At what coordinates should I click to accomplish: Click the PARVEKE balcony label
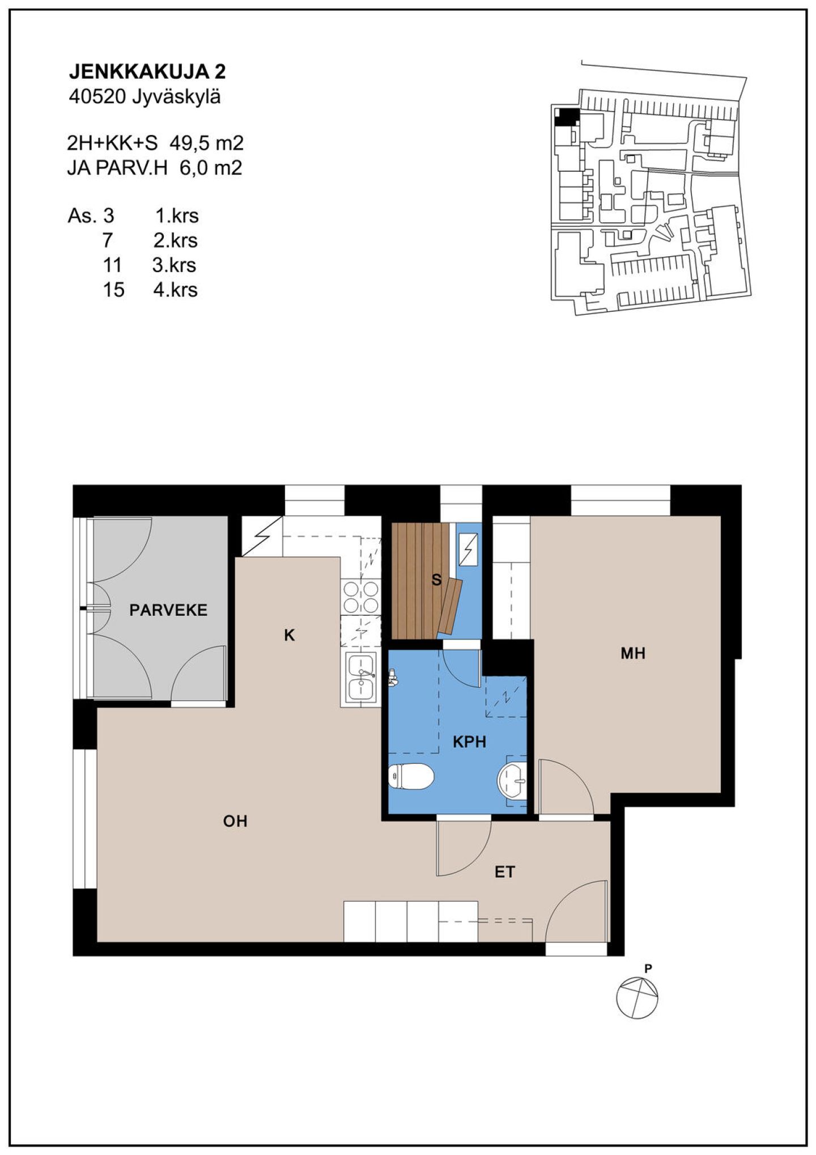(x=168, y=610)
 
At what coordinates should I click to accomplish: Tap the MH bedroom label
(x=633, y=654)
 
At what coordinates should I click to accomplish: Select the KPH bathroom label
(x=469, y=742)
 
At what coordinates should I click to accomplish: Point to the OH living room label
(x=235, y=821)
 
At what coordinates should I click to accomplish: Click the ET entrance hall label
(x=504, y=872)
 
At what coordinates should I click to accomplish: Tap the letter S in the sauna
(x=436, y=580)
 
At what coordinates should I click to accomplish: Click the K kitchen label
(x=290, y=636)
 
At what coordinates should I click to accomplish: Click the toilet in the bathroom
(x=411, y=776)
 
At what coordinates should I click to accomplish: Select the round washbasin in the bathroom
(x=513, y=780)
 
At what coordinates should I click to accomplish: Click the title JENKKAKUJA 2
(x=147, y=71)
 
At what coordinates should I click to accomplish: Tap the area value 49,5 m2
(x=207, y=143)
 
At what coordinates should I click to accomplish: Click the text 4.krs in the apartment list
(x=175, y=290)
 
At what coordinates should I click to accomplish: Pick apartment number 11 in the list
(x=113, y=265)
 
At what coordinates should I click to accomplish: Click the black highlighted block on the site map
(x=567, y=117)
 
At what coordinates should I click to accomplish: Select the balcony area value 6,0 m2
(x=211, y=168)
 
